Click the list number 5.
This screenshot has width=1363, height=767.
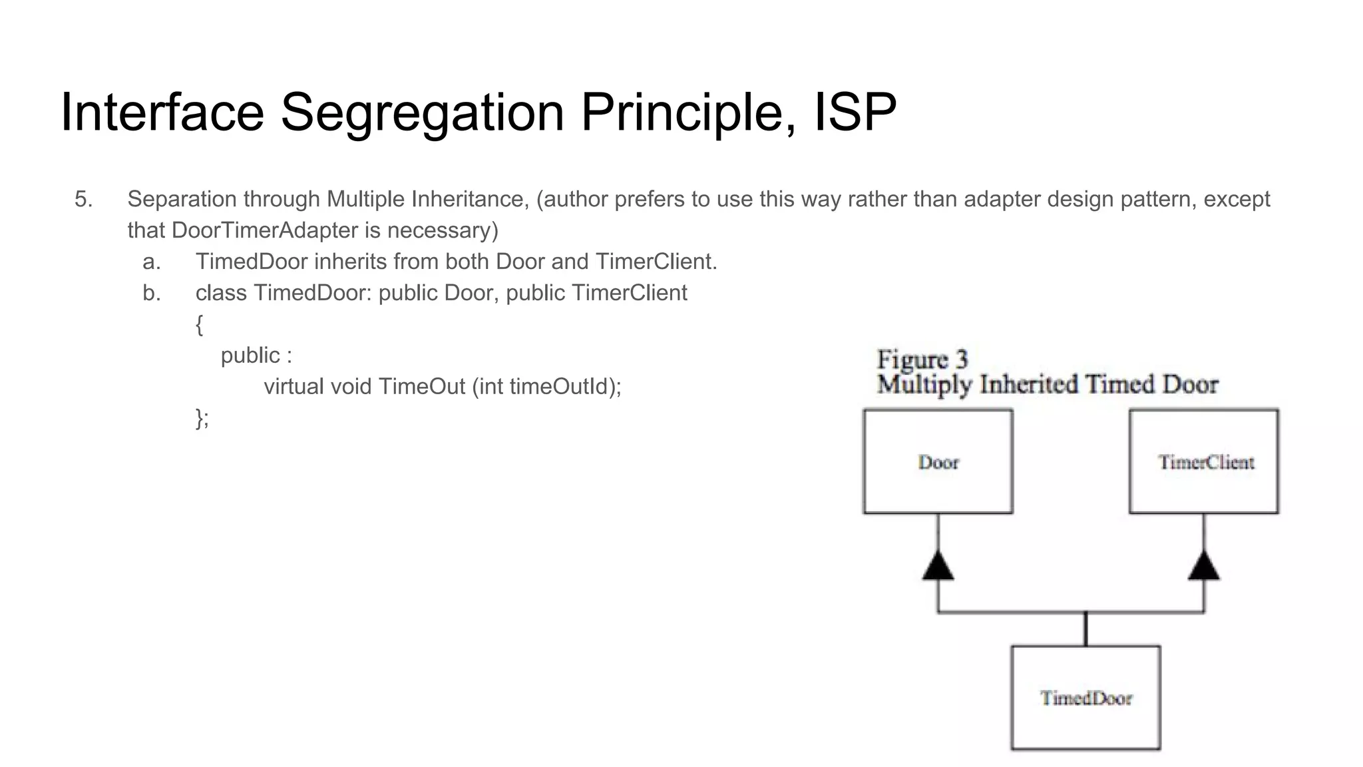click(83, 199)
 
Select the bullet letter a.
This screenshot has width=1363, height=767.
click(152, 262)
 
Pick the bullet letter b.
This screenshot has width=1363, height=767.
click(152, 293)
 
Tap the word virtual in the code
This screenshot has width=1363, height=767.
click(293, 386)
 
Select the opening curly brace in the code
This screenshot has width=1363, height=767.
click(199, 325)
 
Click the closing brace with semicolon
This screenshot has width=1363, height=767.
click(202, 418)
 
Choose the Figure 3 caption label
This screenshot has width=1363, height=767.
click(922, 360)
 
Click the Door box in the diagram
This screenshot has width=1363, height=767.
click(938, 461)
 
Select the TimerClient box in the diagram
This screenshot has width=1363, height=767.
click(1204, 461)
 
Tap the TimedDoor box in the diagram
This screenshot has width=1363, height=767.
click(1085, 698)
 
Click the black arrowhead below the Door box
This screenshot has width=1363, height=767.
click(938, 567)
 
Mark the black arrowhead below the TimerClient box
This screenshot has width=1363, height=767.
click(1204, 567)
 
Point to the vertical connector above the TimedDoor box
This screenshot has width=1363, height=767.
click(1085, 629)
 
